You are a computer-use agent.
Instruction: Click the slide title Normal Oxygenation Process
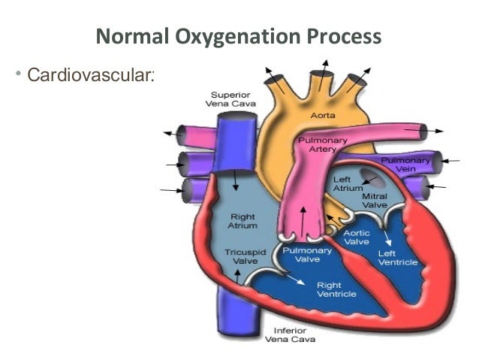point(239,36)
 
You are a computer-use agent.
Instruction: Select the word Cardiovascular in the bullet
point(89,75)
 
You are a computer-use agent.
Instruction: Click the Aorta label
point(323,115)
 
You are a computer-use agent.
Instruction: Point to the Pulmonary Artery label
point(318,144)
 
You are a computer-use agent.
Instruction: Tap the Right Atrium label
point(243,221)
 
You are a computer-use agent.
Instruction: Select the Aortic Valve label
point(356,237)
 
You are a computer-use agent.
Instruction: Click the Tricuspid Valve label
point(241,256)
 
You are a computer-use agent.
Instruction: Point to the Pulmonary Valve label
point(303,254)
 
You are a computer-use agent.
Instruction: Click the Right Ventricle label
point(330,290)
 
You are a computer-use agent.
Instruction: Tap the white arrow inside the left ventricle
point(387,238)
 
